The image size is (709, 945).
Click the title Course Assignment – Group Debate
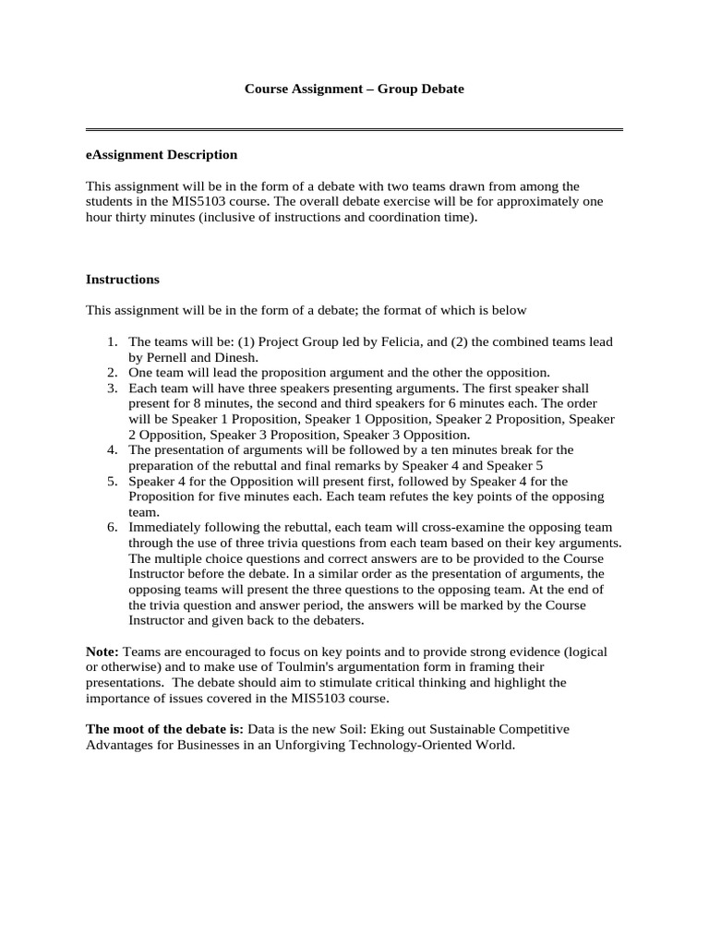[354, 90]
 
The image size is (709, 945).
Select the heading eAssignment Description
[162, 154]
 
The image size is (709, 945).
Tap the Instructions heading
[122, 279]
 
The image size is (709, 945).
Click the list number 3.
[111, 389]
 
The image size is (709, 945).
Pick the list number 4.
[111, 449]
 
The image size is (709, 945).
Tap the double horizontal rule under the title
[354, 129]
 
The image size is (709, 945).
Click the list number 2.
[111, 372]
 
